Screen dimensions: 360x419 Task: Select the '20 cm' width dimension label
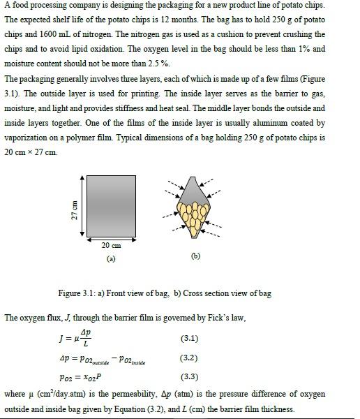coord(111,246)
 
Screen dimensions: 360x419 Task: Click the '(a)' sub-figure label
coord(111,258)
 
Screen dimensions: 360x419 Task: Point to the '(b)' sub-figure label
coord(195,256)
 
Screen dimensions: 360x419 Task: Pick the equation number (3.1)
coord(189,339)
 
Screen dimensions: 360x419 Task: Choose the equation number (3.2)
coord(189,358)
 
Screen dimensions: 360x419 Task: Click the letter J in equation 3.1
coord(63,339)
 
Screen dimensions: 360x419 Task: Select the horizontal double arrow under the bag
coord(111,240)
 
